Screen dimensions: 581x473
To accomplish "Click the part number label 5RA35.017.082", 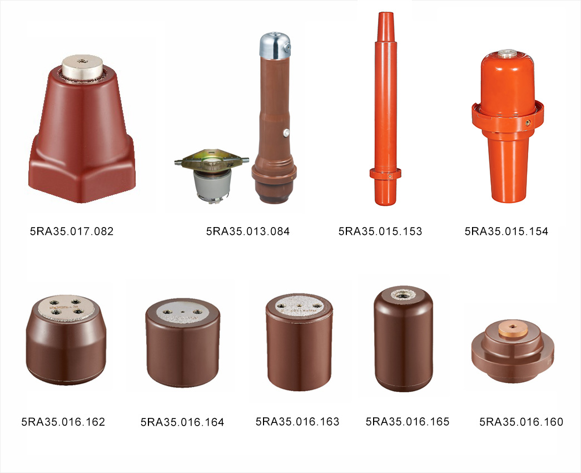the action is click(72, 231).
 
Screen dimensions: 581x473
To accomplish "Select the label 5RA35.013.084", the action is click(248, 231).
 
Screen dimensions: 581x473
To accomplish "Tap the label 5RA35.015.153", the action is click(380, 231).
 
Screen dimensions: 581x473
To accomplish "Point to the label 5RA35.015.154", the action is click(506, 231).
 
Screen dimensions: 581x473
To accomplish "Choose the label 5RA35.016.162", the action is click(63, 422).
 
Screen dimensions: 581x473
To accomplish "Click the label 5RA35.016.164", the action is click(182, 422).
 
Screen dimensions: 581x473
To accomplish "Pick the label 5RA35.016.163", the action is click(297, 421).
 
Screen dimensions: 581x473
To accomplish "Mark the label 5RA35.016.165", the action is click(408, 421).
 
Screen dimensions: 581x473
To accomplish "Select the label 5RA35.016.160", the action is click(522, 422).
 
